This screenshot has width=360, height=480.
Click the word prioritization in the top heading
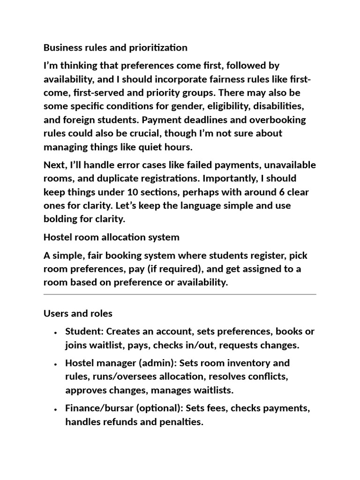[157, 47]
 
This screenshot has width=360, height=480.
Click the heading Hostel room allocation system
[111, 237]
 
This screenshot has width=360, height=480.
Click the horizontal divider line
[180, 294]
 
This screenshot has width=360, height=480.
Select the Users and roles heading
[78, 313]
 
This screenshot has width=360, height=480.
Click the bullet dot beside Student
[56, 332]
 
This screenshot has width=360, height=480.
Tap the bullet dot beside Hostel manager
[56, 364]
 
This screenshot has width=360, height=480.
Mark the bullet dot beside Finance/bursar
[56, 409]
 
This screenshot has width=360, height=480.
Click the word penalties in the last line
[180, 422]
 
